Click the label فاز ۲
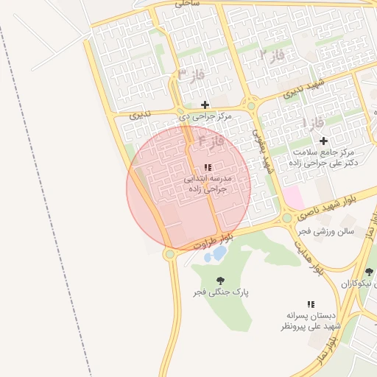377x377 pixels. pos(272,54)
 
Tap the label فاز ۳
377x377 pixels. pos(192,75)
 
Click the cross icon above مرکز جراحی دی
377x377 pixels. pos(205,105)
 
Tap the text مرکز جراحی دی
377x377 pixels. pos(205,116)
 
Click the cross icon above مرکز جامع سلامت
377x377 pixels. pos(323,140)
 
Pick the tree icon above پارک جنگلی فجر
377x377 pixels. pos(220,280)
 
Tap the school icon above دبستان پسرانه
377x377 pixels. pos(311,303)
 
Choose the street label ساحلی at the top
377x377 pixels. pos(187,4)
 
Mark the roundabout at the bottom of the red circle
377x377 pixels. pos(170,254)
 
